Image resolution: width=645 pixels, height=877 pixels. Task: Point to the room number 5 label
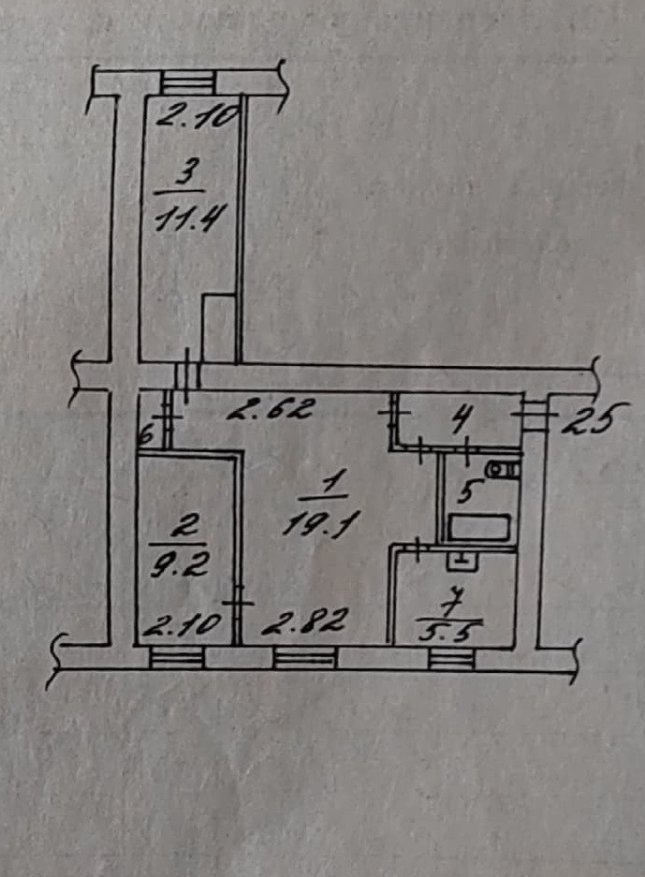tap(472, 489)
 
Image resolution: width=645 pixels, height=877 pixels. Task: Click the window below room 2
tap(177, 659)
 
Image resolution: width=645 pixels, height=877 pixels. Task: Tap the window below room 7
tap(451, 660)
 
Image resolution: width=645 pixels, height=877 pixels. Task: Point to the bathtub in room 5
tap(478, 529)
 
